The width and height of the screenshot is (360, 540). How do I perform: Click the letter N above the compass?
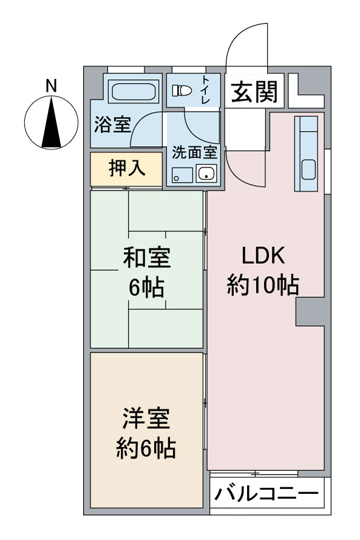tap(51, 86)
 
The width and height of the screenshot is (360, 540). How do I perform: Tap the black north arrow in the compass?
tap(51, 122)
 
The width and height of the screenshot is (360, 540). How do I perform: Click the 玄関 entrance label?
tap(254, 92)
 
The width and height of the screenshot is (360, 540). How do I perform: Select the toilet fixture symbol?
tap(182, 90)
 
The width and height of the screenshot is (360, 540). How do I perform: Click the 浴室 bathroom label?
tap(112, 124)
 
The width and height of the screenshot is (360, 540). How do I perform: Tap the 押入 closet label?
tap(127, 169)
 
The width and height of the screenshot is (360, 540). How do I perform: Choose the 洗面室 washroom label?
tap(195, 152)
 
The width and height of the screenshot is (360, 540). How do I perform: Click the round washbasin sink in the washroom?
tap(206, 174)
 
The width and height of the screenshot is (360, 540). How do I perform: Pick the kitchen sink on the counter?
tap(308, 170)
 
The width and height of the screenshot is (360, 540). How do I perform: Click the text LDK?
tap(263, 256)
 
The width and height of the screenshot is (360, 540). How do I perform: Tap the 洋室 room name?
tap(146, 419)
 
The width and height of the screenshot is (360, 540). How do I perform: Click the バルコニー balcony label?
tap(266, 494)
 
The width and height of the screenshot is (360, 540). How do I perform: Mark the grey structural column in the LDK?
tap(310, 312)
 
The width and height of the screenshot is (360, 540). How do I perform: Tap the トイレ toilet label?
tap(206, 90)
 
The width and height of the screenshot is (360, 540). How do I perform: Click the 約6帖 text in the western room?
tap(146, 448)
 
